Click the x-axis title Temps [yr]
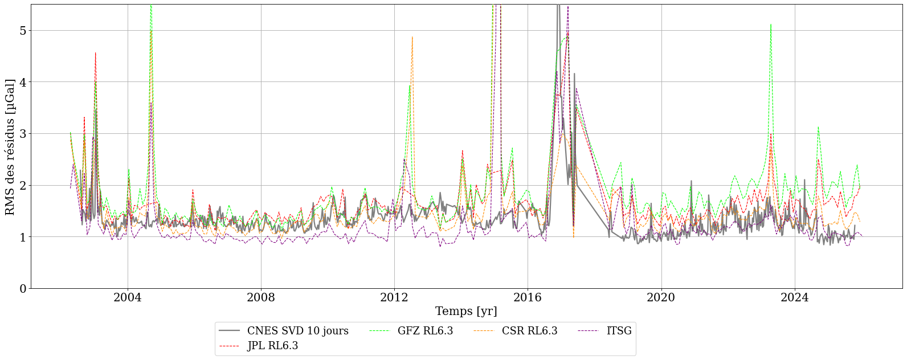coord(466,312)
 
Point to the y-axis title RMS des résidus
coord(10,147)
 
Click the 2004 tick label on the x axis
coord(128,297)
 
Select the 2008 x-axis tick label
coord(261,297)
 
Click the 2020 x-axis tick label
coord(661,297)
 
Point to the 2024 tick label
coord(794,297)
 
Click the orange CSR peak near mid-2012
coord(412,37)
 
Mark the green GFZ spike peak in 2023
coord(770,24)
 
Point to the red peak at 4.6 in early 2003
coord(95,52)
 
